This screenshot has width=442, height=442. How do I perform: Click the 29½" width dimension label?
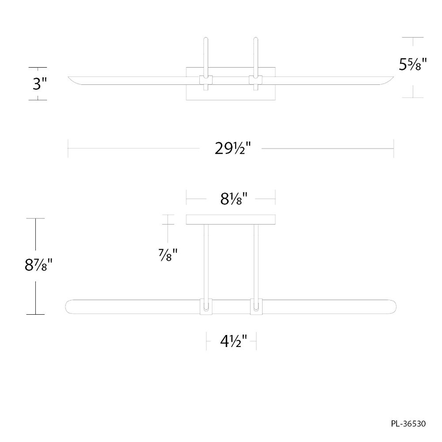click(232, 148)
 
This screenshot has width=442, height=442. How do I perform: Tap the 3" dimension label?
click(39, 84)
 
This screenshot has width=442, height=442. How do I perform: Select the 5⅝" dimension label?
click(413, 64)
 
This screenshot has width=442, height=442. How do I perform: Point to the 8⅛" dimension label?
click(234, 199)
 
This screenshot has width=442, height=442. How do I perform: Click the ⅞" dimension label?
click(168, 255)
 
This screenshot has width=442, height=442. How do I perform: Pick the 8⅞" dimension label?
click(38, 265)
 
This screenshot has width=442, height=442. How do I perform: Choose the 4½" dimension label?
click(234, 341)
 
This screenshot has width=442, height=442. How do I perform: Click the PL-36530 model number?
click(408, 423)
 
